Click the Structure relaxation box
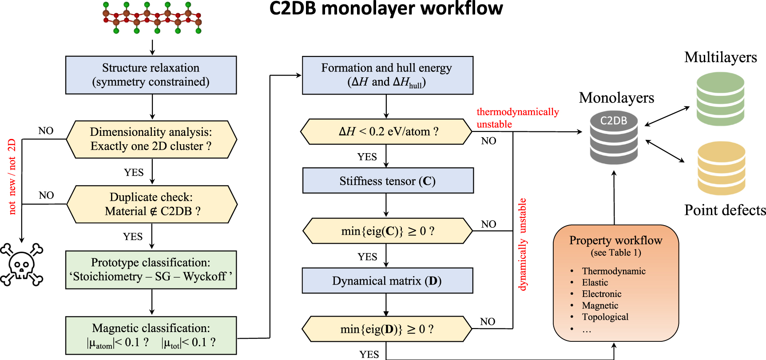coord(151,75)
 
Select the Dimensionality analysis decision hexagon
coord(151,139)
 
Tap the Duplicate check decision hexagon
coord(152,204)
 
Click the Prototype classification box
coord(151,270)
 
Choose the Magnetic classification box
coord(151,336)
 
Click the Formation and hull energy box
coord(388,75)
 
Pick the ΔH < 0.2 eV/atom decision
coord(386,131)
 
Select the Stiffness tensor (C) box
coord(388,180)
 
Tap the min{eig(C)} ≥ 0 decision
coord(388,231)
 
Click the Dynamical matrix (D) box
coord(387,281)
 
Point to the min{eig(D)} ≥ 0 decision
coord(387,329)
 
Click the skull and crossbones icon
coord(22,265)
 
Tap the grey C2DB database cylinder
coord(614,137)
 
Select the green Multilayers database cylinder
coord(721,99)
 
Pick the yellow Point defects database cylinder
coord(722,168)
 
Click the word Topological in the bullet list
coord(605,317)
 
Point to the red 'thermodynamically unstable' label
coord(518,118)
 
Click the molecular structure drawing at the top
coord(152,18)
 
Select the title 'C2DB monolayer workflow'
coord(386,8)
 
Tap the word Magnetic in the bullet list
coord(600,305)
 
